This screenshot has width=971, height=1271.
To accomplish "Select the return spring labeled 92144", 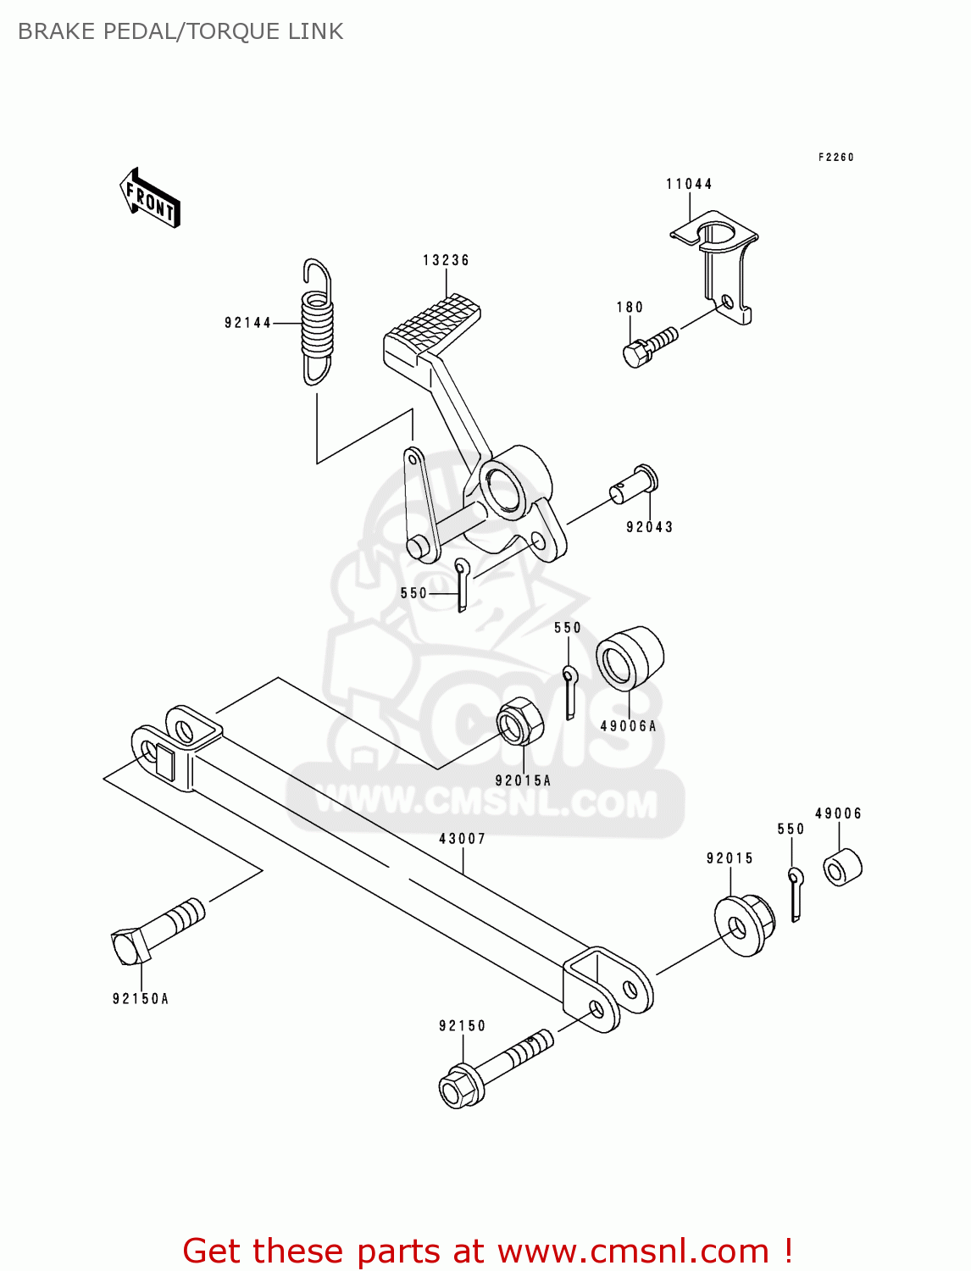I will point(318,322).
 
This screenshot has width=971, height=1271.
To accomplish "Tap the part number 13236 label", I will point(446,260).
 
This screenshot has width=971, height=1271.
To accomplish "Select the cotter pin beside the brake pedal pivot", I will point(462,584).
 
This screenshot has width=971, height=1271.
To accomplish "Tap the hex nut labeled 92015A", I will point(519,721).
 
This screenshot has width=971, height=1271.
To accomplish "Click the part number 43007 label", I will point(462,839).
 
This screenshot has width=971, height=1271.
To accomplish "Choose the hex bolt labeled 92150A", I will point(156,932).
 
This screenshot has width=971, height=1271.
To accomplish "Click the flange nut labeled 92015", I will point(744,925).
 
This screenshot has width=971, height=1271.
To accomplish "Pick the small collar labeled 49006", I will point(842,867).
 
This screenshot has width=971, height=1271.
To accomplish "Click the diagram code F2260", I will point(835,157).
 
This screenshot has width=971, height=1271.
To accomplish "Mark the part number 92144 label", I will point(247,323).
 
